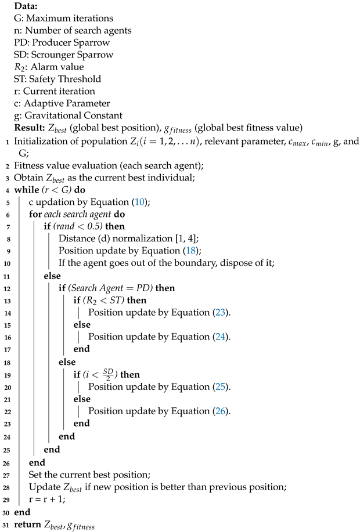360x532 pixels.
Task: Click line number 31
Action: [5, 526]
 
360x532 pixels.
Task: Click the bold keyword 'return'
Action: [29, 526]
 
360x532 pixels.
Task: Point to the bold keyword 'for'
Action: [35, 215]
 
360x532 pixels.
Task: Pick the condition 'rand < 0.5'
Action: [80, 227]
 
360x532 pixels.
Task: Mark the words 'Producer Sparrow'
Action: [67, 42]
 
